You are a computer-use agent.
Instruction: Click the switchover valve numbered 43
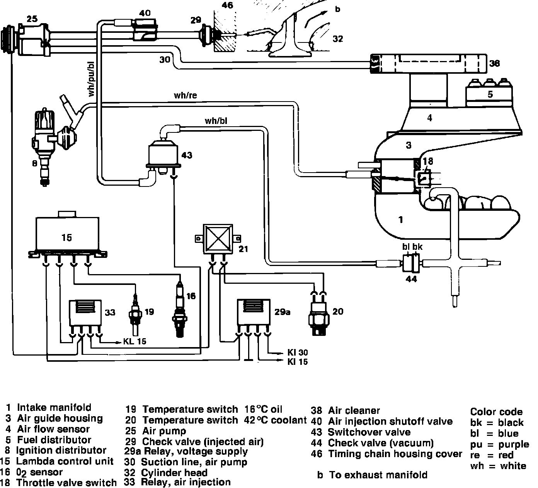pyautogui.click(x=163, y=153)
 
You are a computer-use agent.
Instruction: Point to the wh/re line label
pyautogui.click(x=185, y=95)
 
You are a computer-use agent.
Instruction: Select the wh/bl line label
pyautogui.click(x=216, y=121)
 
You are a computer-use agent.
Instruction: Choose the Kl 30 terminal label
pyautogui.click(x=298, y=352)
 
